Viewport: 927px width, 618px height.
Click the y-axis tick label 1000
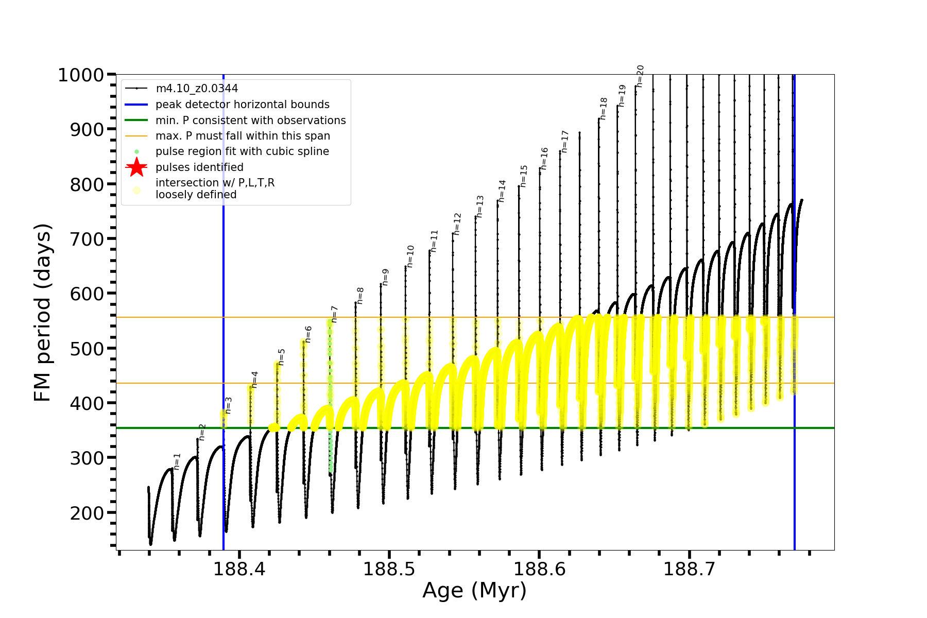(81, 75)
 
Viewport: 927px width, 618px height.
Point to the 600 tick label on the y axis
(87, 294)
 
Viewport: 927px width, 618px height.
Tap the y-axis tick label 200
(87, 513)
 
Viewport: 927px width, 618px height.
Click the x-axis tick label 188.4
(239, 569)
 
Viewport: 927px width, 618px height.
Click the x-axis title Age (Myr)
(474, 591)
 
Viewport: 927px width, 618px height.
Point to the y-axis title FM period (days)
(43, 313)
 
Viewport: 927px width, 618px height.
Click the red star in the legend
(136, 167)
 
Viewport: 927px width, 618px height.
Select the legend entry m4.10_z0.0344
(197, 89)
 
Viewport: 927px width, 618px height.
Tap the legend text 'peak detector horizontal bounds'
(243, 105)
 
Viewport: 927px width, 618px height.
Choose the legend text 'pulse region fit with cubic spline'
(242, 151)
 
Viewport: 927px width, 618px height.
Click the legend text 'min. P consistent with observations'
(251, 121)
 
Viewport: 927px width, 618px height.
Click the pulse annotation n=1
(177, 461)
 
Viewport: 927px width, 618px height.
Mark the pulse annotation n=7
(334, 314)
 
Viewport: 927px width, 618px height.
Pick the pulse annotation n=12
(457, 224)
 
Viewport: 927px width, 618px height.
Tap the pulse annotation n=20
(640, 76)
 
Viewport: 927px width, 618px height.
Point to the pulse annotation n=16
(544, 159)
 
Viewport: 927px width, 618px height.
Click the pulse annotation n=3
(229, 405)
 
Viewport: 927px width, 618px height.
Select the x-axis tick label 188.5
(389, 569)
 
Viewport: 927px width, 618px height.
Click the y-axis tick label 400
(87, 403)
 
